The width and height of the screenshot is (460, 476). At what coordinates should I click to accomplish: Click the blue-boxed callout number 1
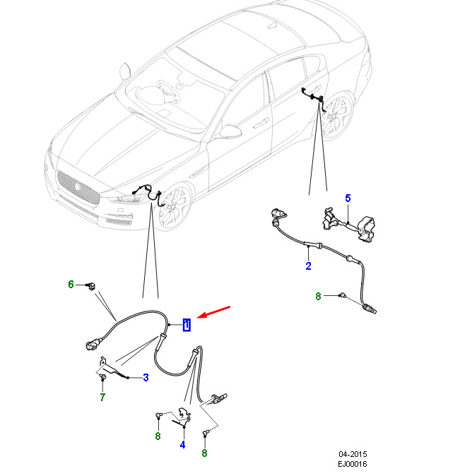point(186,325)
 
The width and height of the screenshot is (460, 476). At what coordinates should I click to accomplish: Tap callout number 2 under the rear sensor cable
point(308,266)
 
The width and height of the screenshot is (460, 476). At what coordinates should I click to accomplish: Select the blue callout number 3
point(146,378)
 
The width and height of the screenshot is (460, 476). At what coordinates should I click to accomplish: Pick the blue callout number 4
point(182,445)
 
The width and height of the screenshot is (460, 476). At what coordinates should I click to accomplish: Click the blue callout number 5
point(348,198)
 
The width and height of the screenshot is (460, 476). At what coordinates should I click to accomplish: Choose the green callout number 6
point(71,285)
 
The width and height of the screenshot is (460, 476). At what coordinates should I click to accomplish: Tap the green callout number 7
point(102,398)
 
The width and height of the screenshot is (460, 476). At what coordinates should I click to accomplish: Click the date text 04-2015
point(353,454)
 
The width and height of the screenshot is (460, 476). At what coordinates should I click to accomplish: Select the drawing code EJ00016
point(353,464)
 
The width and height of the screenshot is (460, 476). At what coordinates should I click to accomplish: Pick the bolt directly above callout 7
point(103,379)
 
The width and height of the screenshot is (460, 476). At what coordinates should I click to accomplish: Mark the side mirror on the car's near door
point(230,131)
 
